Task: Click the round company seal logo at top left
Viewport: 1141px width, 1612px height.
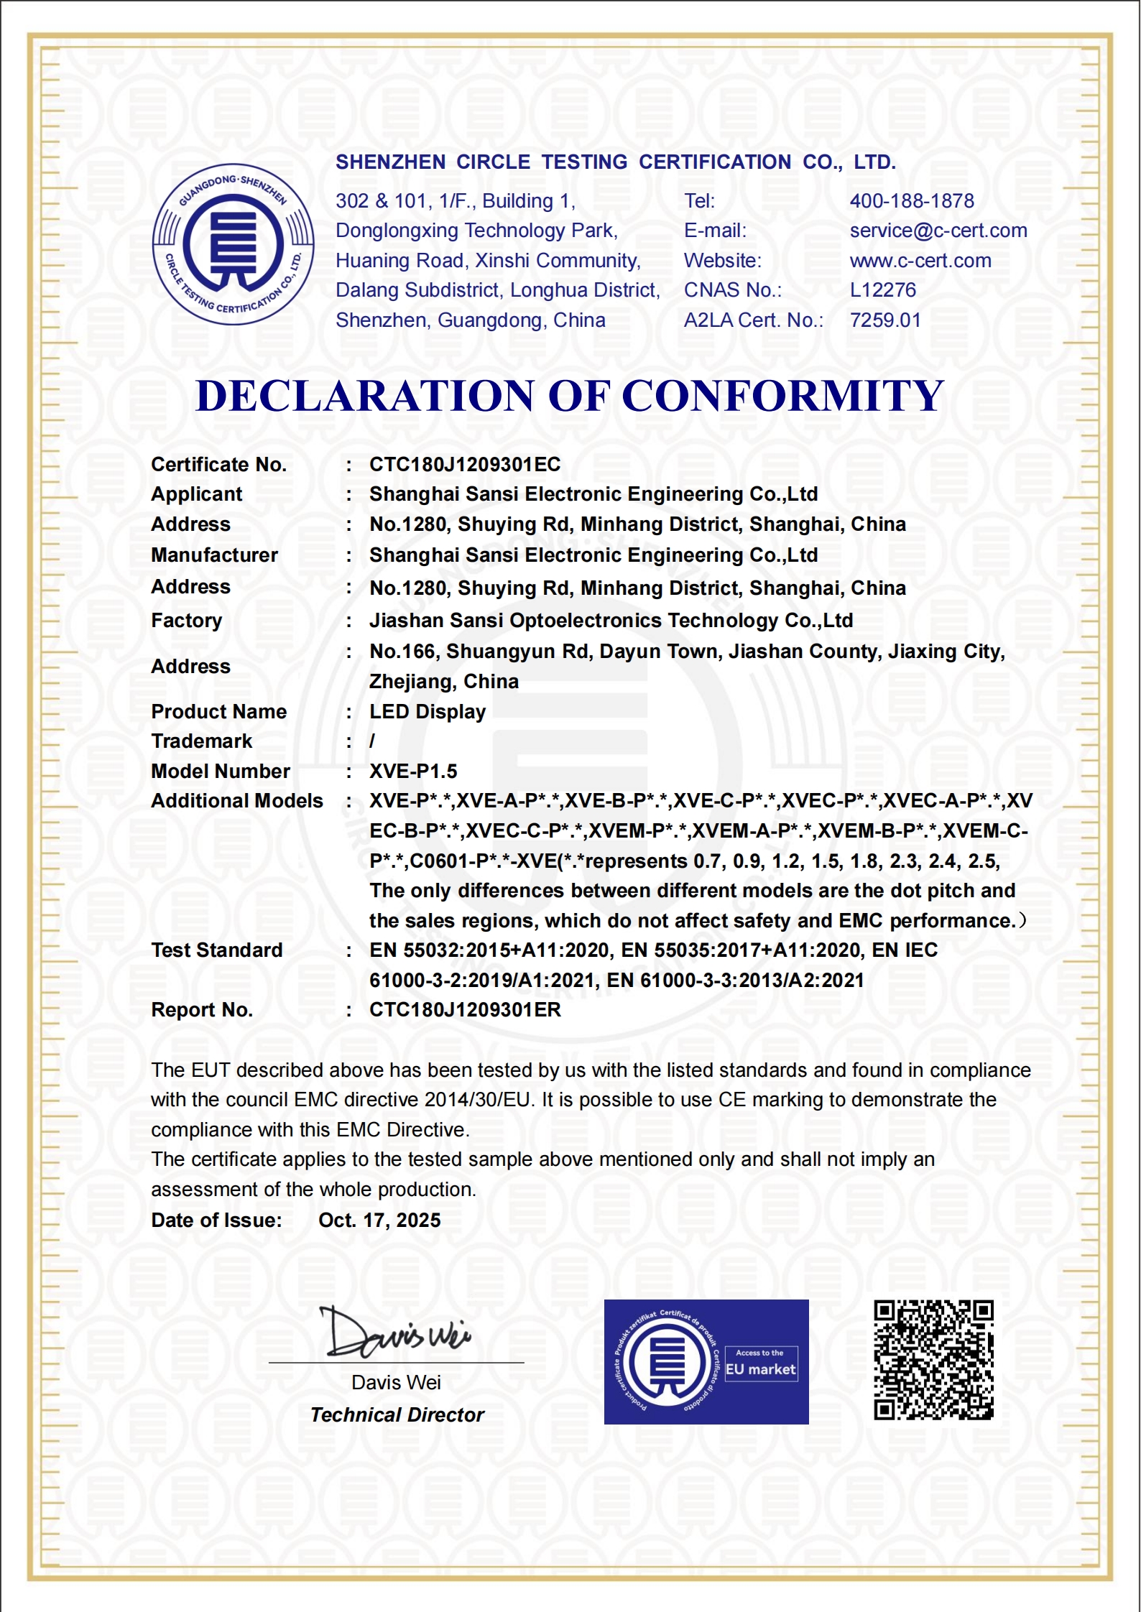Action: click(x=233, y=244)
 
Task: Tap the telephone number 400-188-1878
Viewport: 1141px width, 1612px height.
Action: click(x=912, y=201)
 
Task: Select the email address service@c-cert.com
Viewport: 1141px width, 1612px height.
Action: click(x=938, y=231)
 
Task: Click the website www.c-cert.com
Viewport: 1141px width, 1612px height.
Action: click(x=920, y=261)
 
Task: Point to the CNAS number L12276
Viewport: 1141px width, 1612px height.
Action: click(x=883, y=290)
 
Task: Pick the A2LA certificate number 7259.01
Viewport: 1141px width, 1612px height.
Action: click(x=885, y=320)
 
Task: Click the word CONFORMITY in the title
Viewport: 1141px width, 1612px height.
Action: click(x=782, y=396)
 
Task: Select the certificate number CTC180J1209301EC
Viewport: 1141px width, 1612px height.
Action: click(x=465, y=465)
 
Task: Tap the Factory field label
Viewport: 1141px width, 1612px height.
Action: click(x=187, y=621)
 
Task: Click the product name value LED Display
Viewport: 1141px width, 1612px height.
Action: click(x=428, y=712)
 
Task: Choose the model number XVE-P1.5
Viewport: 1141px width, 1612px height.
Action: click(x=413, y=772)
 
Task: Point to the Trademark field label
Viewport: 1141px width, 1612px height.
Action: click(x=202, y=741)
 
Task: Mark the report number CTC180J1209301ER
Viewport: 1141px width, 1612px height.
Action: click(x=465, y=1010)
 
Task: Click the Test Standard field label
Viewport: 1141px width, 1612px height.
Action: click(x=217, y=950)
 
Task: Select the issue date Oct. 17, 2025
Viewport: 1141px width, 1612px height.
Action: click(x=379, y=1220)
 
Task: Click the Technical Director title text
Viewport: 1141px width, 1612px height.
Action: click(x=397, y=1415)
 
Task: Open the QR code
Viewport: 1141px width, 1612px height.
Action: click(x=933, y=1360)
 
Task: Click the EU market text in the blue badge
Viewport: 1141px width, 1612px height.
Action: click(x=761, y=1370)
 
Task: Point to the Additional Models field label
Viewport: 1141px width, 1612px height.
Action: click(x=237, y=801)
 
